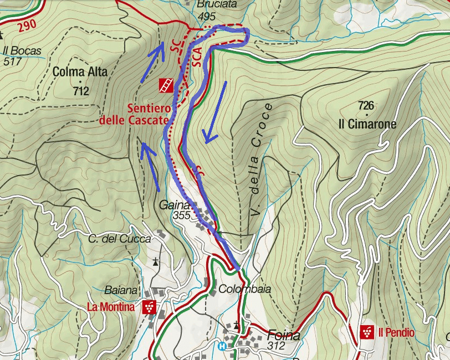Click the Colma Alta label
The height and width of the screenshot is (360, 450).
[x=80, y=71]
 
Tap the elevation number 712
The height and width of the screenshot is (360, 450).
[x=81, y=91]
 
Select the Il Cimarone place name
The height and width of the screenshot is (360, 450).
[x=367, y=124]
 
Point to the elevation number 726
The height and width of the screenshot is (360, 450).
[x=366, y=105]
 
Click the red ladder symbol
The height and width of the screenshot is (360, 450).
[x=166, y=85]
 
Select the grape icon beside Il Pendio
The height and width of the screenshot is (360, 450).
[x=366, y=332]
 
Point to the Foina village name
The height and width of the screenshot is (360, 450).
[x=283, y=335]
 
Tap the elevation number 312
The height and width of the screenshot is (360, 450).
[x=275, y=347]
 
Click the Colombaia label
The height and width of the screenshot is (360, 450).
[x=244, y=289]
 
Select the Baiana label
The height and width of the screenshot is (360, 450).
[x=121, y=290]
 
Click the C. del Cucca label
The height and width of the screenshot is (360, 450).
[x=119, y=239]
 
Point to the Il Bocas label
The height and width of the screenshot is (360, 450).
[x=22, y=51]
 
